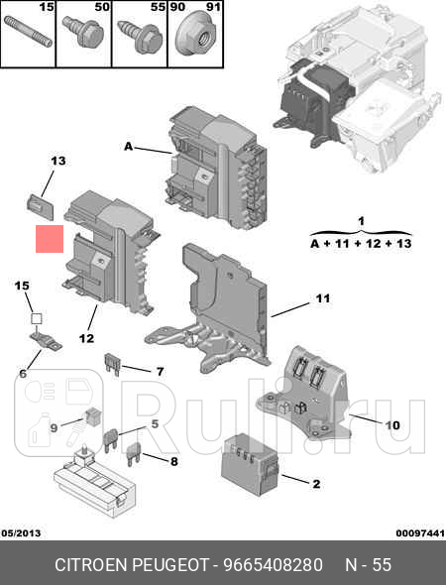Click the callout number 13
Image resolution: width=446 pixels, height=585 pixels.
pos(57,161)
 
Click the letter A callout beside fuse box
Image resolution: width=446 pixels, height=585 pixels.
pos(128,147)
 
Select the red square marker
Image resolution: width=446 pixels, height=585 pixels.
pos(49,240)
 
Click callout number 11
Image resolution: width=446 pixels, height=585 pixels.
pos(322,297)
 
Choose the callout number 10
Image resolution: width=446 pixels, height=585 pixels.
pos(392,424)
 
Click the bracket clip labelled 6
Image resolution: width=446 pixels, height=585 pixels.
pos(46,343)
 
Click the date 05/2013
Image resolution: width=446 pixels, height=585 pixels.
pos(21,534)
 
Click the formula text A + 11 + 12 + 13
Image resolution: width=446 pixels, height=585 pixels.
pos(361,243)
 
